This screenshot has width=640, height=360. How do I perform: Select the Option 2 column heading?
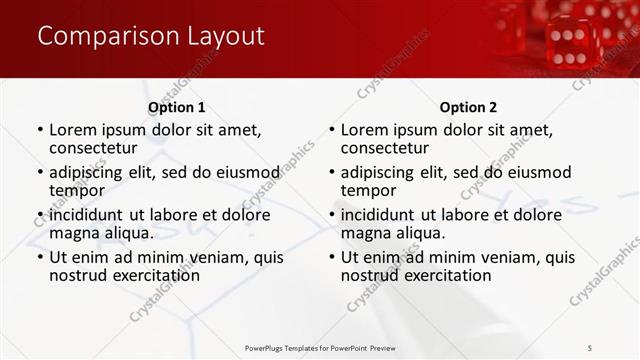pos(468,107)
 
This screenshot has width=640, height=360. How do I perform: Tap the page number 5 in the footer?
pos(591,347)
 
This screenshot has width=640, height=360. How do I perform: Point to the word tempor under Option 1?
pos(77,190)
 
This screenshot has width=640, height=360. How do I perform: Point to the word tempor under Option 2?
pos(369,190)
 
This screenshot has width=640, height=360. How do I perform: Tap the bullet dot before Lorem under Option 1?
pos(39,130)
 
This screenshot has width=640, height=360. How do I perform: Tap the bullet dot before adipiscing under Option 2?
pos(331,173)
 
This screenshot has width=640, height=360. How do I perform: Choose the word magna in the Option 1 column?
pos(75,233)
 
